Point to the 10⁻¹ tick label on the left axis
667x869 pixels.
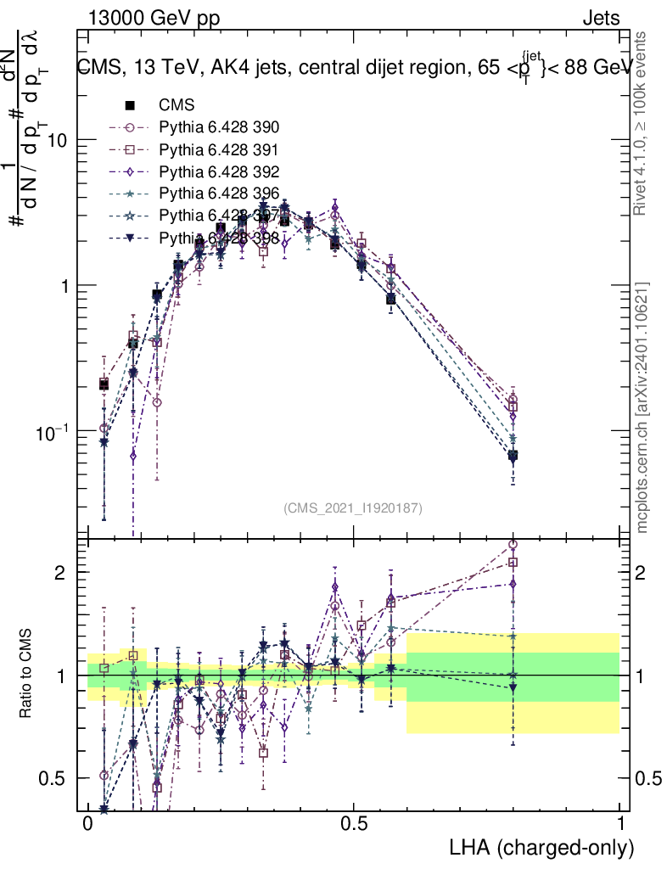(x=53, y=433)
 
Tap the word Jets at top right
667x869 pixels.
(x=600, y=19)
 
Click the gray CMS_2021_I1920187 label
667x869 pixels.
(x=353, y=507)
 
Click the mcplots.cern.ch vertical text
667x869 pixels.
(x=642, y=407)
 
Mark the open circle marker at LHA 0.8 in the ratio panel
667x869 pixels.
(x=513, y=545)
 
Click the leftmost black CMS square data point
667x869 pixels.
(x=104, y=384)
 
